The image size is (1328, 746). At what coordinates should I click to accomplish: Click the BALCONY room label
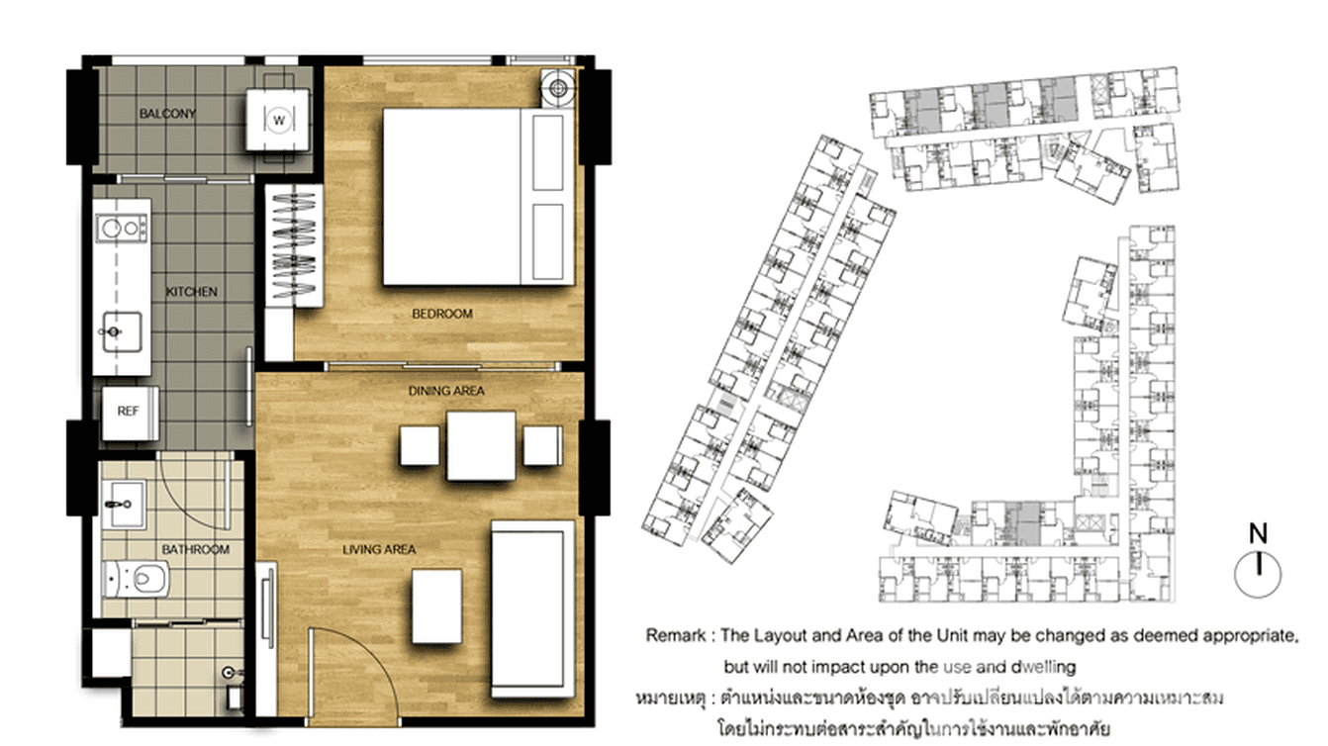[x=167, y=114]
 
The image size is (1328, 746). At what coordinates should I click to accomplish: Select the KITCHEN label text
[x=191, y=292]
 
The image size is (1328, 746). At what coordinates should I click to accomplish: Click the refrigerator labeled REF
[x=129, y=412]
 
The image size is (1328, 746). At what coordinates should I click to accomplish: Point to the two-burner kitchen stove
[x=122, y=229]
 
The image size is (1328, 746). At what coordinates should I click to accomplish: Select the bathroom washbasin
[x=122, y=505]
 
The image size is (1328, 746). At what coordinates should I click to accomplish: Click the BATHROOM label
[x=197, y=549]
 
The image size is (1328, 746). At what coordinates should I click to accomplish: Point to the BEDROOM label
[x=442, y=314]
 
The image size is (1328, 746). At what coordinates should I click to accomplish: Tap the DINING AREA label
[x=446, y=391]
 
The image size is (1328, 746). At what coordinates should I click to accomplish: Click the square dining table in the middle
[x=481, y=445]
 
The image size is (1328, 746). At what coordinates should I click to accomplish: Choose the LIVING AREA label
[x=379, y=549]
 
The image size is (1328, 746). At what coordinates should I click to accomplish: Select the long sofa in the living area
[x=531, y=608]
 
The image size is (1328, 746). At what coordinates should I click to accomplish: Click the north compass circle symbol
[x=1258, y=573]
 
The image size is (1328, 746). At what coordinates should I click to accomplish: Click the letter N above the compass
[x=1258, y=534]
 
